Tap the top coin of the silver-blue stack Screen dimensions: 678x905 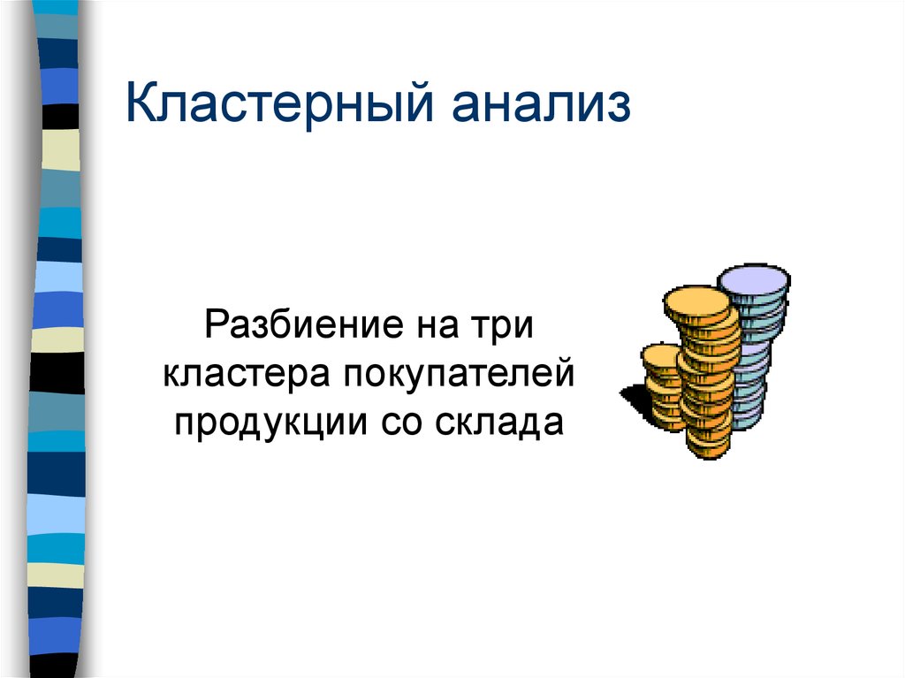point(753,280)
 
